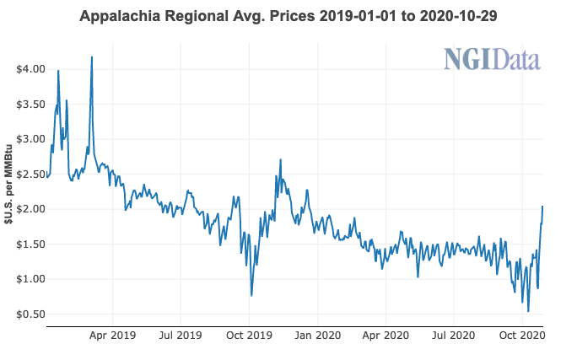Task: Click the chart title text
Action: point(288,16)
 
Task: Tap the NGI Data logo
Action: point(492,60)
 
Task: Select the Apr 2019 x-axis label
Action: point(112,335)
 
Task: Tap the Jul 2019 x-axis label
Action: point(181,335)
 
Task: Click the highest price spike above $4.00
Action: point(91,57)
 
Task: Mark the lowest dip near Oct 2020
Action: point(528,311)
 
